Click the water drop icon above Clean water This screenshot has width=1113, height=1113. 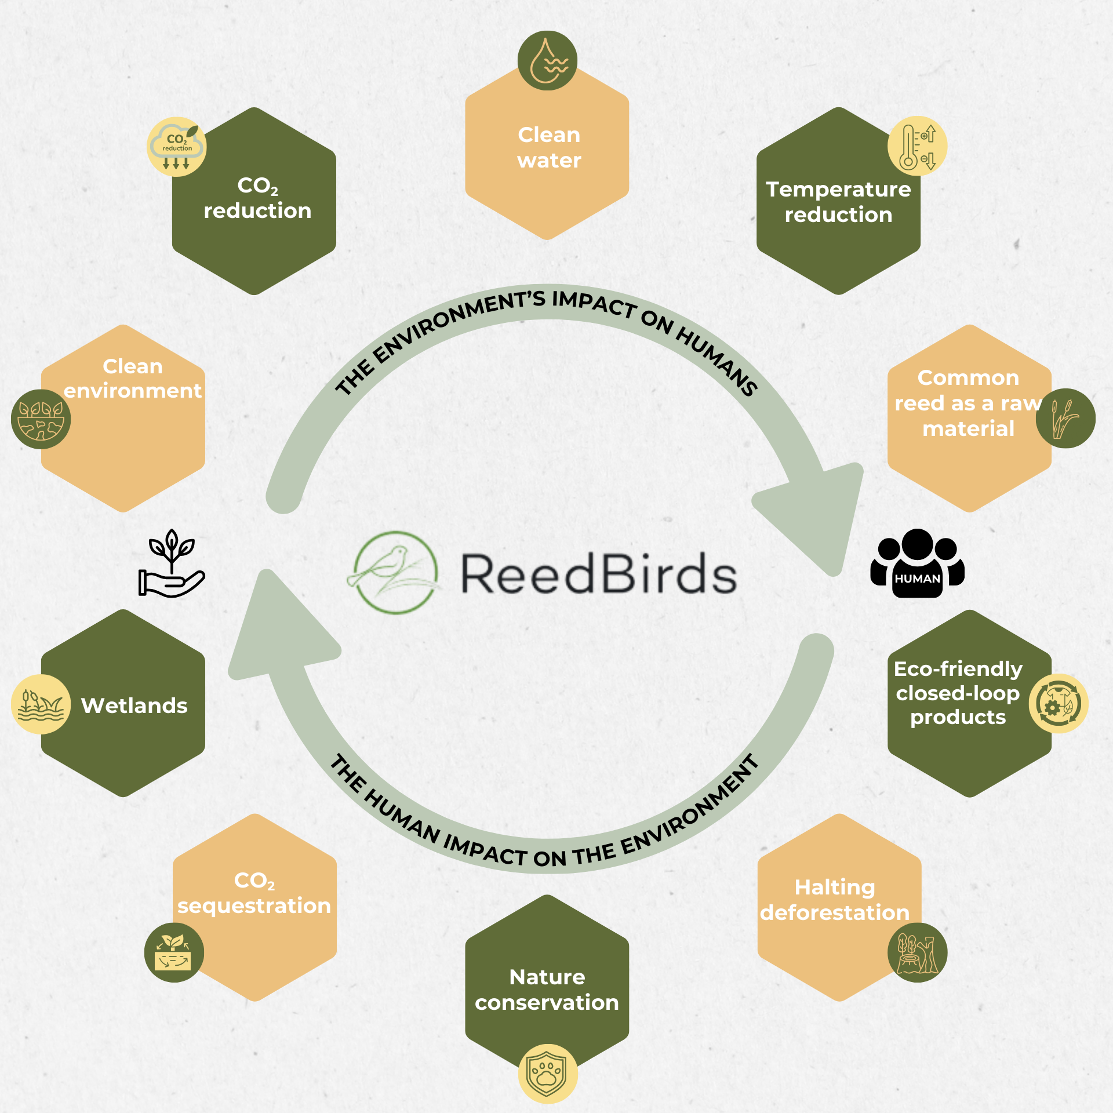tap(547, 61)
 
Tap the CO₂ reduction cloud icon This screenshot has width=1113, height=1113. tap(177, 147)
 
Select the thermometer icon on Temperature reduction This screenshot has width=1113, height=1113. tap(917, 147)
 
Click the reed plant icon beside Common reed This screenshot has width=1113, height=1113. tap(1065, 418)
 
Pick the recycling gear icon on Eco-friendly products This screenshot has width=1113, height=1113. tap(1058, 703)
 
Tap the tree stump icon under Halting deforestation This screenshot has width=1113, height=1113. tap(917, 952)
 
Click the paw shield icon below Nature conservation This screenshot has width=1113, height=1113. tap(547, 1073)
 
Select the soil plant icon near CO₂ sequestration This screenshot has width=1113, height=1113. tap(174, 952)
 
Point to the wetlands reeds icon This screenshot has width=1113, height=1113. tap(41, 704)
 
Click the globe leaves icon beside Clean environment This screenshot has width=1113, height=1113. tap(41, 419)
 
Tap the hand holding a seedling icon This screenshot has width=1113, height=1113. tap(172, 563)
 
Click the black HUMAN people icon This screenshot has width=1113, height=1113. tap(917, 563)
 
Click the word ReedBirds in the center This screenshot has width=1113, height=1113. tap(598, 574)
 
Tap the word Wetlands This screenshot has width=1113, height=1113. tap(134, 705)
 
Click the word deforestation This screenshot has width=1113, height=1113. tap(835, 912)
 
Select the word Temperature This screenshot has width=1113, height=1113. tap(838, 190)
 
